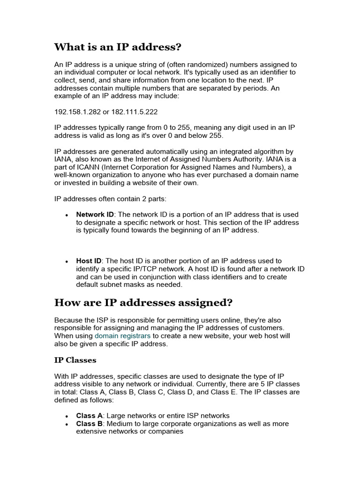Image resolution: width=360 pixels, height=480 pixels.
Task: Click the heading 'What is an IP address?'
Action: coord(118,47)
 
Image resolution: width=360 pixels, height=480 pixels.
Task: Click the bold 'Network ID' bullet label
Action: coord(95,214)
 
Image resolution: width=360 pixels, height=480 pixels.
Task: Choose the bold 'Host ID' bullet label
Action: coord(89,261)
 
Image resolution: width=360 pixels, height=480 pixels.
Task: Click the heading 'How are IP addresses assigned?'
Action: coord(143,303)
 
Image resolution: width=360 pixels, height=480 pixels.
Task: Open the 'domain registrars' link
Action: coord(122,336)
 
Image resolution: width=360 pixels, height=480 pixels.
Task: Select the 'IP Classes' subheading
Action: coord(75,360)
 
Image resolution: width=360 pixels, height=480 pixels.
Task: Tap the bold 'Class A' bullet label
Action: coord(89,415)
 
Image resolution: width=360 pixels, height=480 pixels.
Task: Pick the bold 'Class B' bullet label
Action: coord(89,423)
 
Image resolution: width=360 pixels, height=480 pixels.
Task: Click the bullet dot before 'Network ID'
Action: coord(67,215)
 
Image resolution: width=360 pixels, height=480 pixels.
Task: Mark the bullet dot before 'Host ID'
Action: coord(67,261)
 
